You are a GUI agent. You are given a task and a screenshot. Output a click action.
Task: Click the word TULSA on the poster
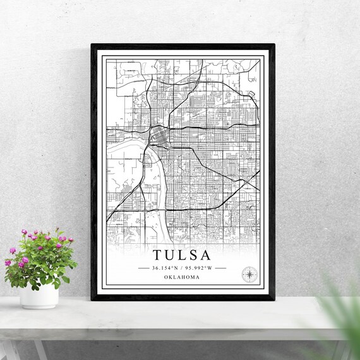click(x=182, y=256)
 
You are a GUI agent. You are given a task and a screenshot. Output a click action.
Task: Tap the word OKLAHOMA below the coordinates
click(x=182, y=277)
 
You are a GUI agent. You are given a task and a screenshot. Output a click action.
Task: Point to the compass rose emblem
click(x=249, y=273)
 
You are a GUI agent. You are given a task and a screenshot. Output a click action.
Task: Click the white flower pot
click(x=39, y=295)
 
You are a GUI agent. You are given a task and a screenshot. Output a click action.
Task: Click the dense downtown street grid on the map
click(x=156, y=135)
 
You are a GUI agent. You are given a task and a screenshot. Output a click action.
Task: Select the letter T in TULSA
click(x=157, y=256)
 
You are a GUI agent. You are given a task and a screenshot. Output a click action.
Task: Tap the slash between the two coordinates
click(x=183, y=268)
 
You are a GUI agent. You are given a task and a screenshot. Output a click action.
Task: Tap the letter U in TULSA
click(x=169, y=256)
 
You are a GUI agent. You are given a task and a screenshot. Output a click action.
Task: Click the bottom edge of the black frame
click(x=183, y=297)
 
